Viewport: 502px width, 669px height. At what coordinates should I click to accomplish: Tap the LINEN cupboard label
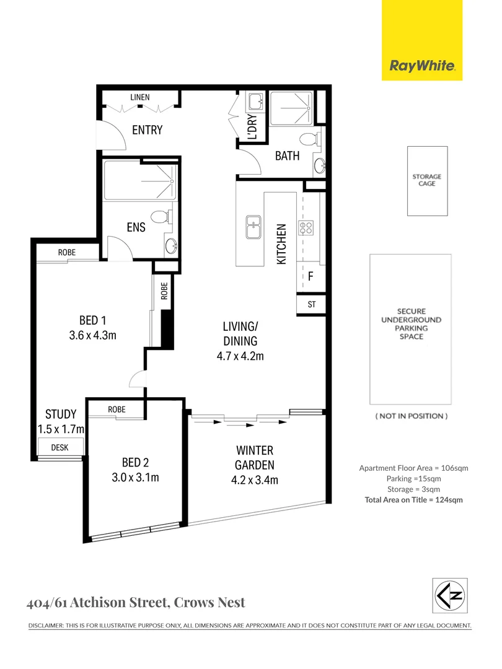[x=139, y=97]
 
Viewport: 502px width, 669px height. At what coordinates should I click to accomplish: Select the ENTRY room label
[x=147, y=129]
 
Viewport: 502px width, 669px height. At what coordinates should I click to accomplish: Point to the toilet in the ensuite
[x=161, y=217]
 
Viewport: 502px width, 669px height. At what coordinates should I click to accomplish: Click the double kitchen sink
[x=254, y=227]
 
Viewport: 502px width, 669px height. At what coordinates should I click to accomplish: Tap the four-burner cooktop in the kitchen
[x=306, y=227]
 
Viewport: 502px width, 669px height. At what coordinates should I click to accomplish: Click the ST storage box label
[x=311, y=304]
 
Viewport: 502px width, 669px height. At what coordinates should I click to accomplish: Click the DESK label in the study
[x=59, y=447]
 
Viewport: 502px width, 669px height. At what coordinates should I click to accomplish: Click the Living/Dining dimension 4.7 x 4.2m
[x=240, y=356]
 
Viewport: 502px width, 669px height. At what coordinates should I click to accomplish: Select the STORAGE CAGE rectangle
[x=427, y=180]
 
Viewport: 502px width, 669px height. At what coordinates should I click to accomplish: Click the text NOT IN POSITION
[x=412, y=416]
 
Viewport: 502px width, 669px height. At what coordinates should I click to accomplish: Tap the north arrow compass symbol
[x=449, y=595]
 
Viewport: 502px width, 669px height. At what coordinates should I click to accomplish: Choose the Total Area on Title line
[x=414, y=500]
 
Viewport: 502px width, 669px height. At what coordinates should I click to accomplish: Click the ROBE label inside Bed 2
[x=117, y=409]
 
